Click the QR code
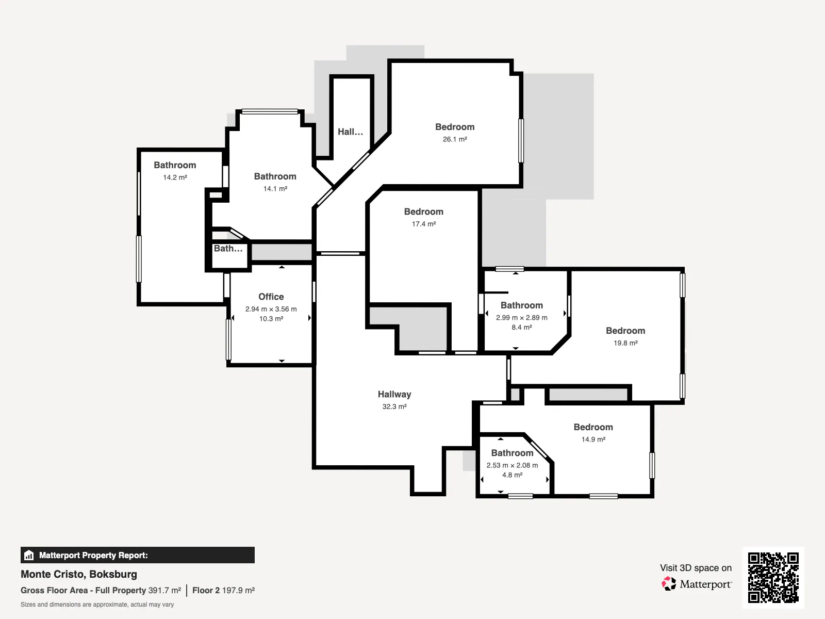pos(773,577)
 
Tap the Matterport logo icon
pos(669,584)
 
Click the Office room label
pos(271,297)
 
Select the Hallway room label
pos(394,394)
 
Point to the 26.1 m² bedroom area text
pos(455,139)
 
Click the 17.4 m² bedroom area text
pos(424,224)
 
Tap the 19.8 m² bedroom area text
pos(625,343)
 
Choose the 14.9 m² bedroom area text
pos(593,439)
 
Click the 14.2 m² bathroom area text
pos(175,177)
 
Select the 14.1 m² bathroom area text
pos(275,189)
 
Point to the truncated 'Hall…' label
pos(350,132)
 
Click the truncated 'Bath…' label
pos(228,249)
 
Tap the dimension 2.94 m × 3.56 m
pos(271,309)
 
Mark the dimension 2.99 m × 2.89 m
pos(522,318)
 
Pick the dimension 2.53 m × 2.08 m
pos(512,465)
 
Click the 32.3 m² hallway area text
pos(394,406)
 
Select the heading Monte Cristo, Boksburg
pos(79,574)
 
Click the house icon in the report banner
pos(29,555)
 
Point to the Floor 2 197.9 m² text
pos(224,591)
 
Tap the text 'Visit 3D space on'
pos(696,568)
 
